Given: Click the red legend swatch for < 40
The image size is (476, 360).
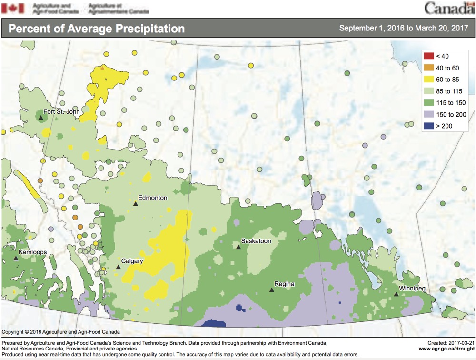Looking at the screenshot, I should click(x=428, y=56).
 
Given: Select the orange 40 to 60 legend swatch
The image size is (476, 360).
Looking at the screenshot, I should click(x=428, y=68).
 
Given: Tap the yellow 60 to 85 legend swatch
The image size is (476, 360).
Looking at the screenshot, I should click(x=428, y=79).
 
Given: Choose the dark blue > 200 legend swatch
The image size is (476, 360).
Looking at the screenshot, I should click(x=428, y=126).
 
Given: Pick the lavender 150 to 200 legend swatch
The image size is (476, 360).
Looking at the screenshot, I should click(x=428, y=114).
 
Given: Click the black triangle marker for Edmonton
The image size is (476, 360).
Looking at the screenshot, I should click(x=135, y=204).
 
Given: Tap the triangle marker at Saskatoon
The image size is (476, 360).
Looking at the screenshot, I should click(x=238, y=247).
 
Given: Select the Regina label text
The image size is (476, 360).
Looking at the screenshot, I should click(x=284, y=284).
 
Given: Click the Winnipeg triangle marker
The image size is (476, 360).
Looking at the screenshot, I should click(x=396, y=294).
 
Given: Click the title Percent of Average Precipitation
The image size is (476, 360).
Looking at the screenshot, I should click(x=97, y=29).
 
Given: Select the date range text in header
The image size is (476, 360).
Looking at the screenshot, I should click(x=403, y=28).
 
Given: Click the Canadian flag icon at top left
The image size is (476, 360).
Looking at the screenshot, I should click(x=13, y=8).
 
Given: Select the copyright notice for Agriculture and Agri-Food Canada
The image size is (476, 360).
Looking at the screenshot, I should click(x=61, y=332).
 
